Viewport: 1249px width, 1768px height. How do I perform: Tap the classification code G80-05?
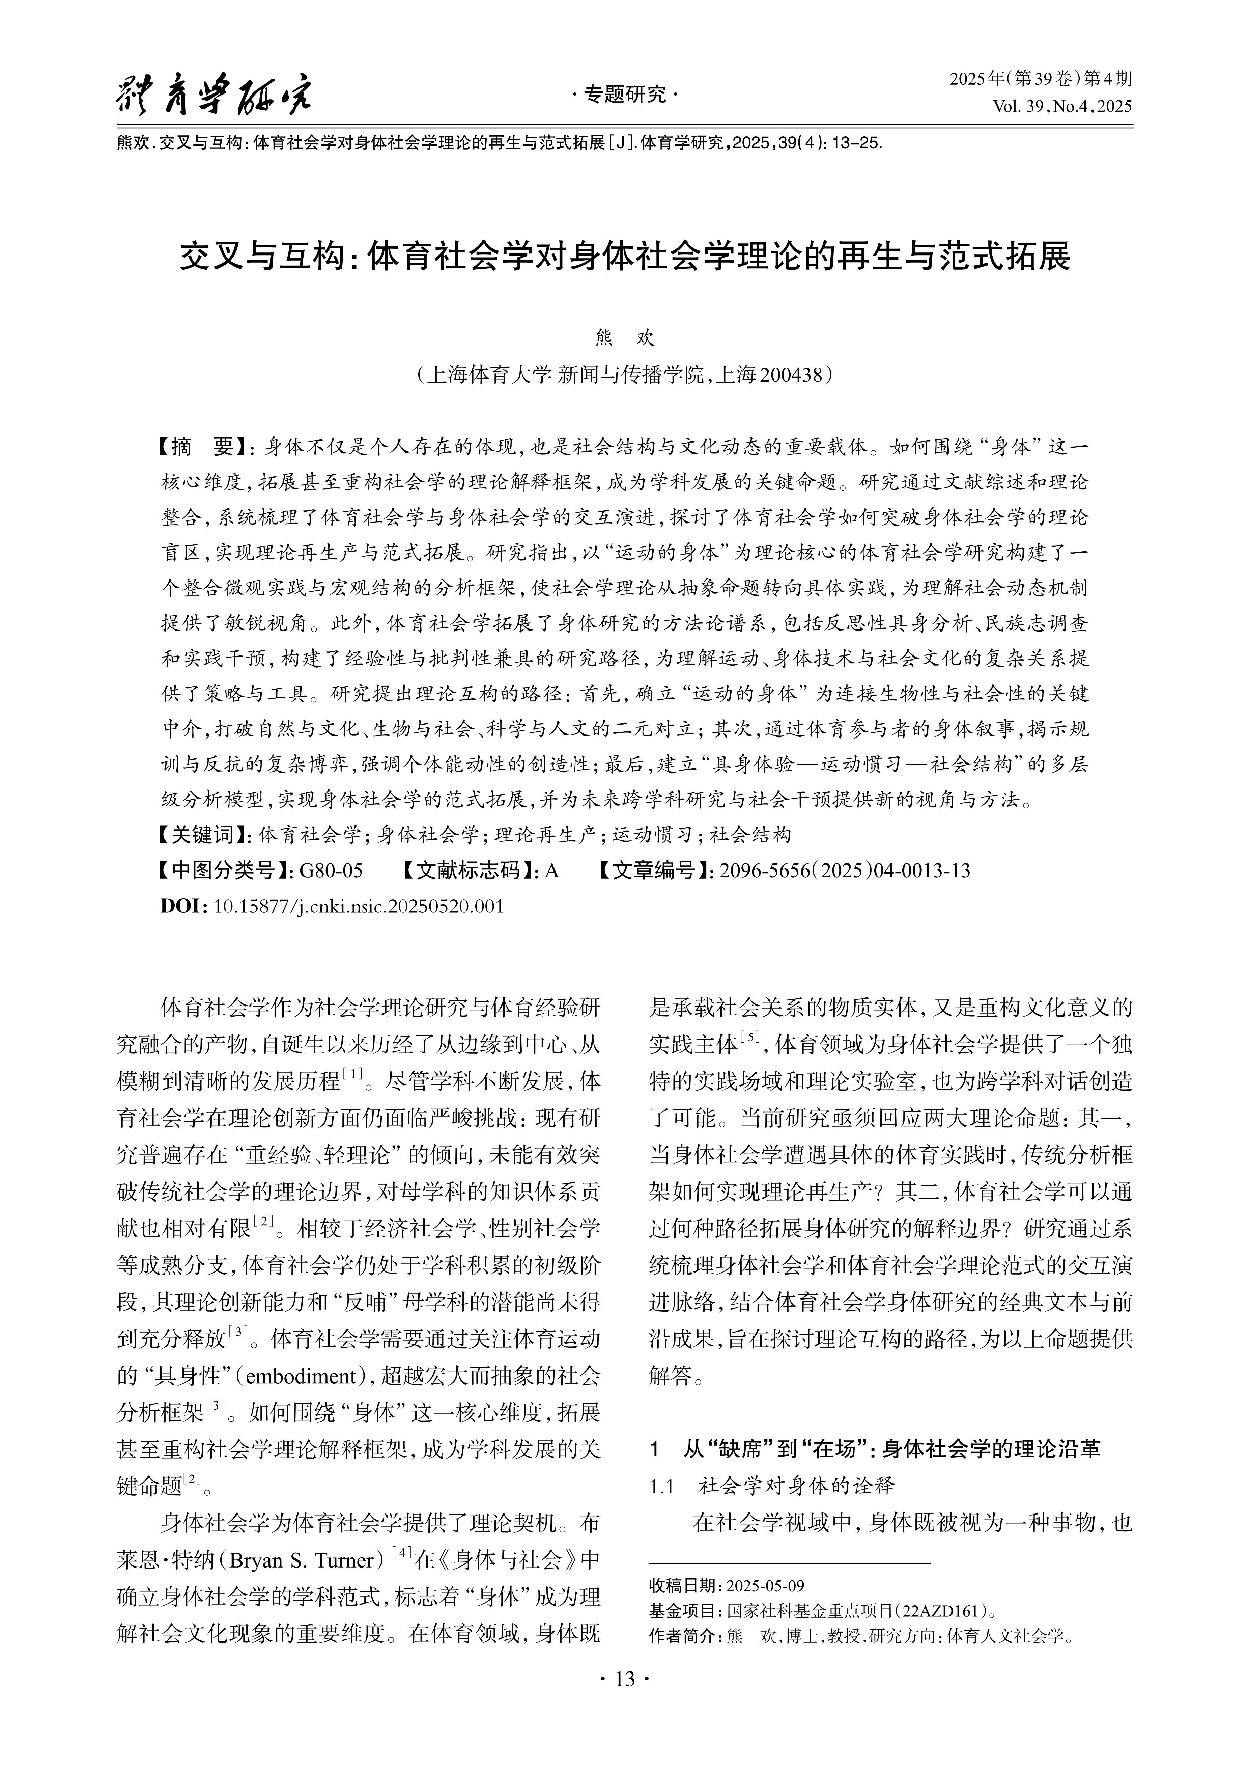pyautogui.click(x=331, y=870)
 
